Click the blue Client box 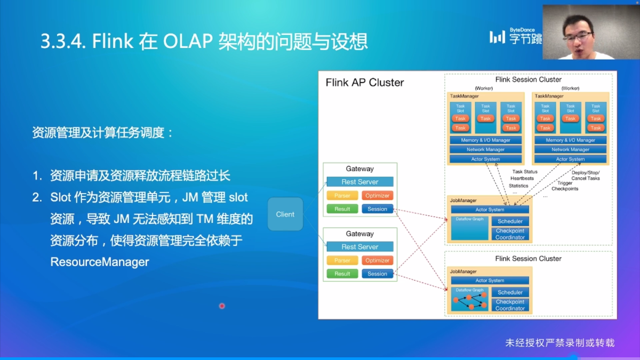285,214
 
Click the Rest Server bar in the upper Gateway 360,182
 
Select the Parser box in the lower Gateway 342,261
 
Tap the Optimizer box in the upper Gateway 378,196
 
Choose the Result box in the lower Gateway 342,274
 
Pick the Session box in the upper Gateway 378,209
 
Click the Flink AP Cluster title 365,83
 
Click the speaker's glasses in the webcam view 577,36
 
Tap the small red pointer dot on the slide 222,306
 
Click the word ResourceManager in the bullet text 100,262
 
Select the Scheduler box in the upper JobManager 510,221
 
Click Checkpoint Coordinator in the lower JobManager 510,305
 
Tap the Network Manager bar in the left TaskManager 485,150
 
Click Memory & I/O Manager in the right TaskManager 570,140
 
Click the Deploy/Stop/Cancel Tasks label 585,175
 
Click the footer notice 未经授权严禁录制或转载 560,343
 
